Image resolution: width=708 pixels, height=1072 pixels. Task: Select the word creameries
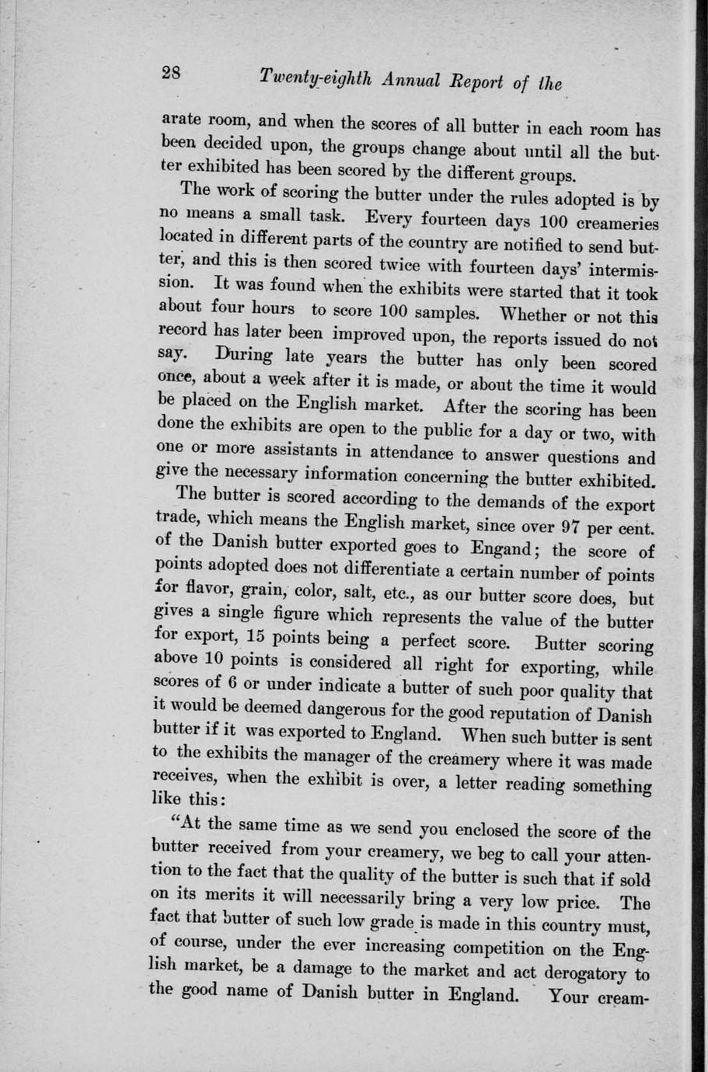(x=618, y=223)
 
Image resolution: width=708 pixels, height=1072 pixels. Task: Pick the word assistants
(x=285, y=447)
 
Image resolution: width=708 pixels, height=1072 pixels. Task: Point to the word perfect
(x=451, y=642)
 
